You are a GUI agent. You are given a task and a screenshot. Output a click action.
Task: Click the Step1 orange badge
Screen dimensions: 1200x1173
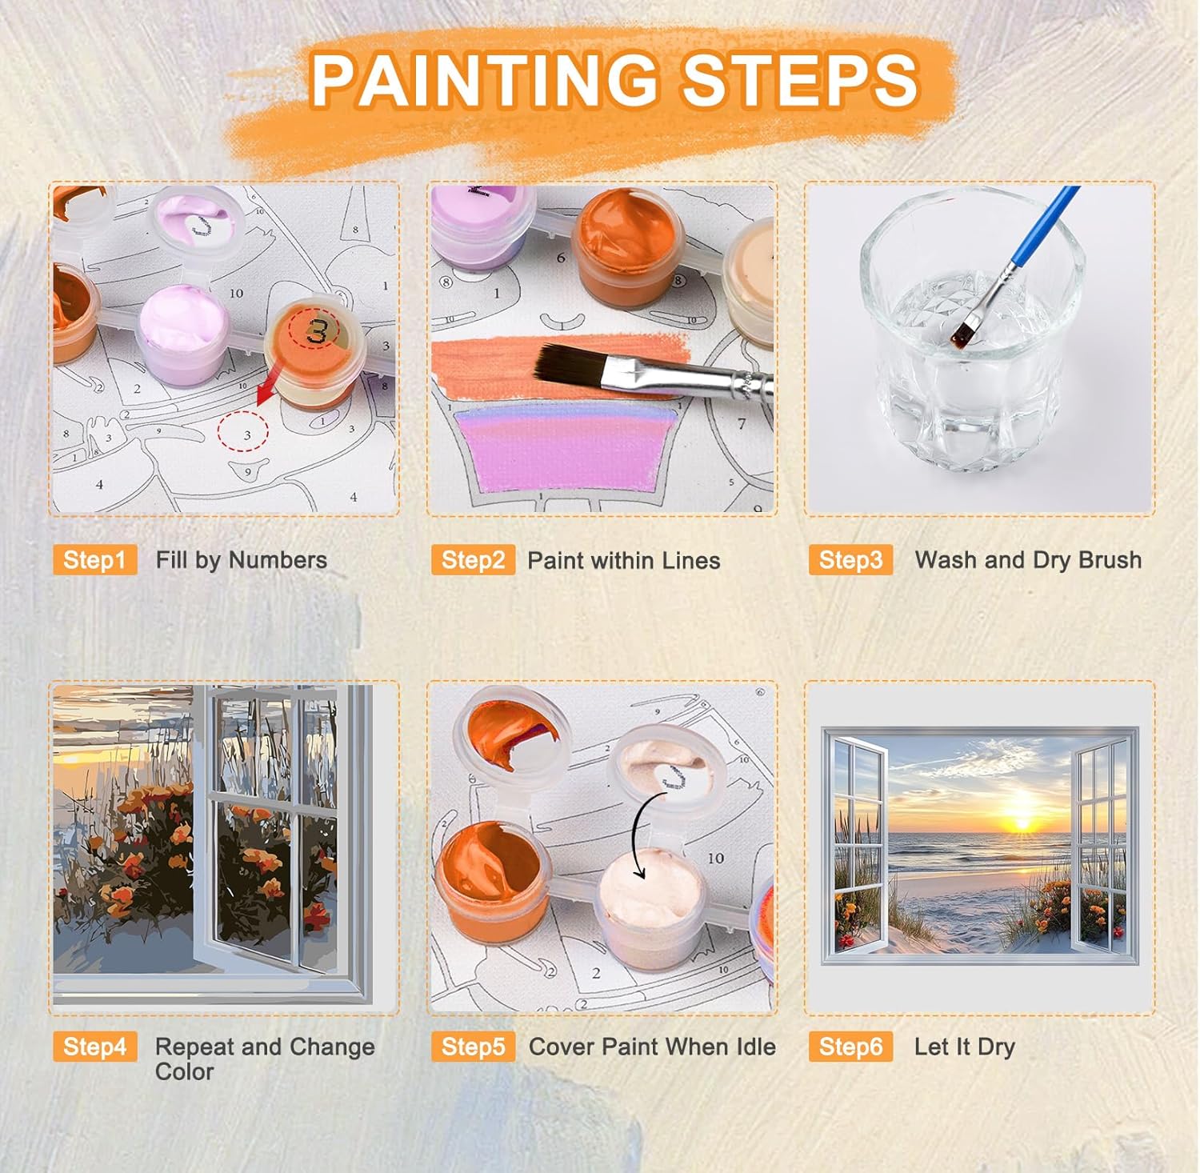[x=94, y=560]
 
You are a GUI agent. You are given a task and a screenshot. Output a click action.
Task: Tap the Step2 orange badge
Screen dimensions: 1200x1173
[x=473, y=560]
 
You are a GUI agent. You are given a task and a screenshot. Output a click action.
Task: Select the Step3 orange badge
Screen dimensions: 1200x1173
[x=850, y=560]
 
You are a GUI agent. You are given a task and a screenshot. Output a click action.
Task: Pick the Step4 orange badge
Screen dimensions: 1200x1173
[x=94, y=1047]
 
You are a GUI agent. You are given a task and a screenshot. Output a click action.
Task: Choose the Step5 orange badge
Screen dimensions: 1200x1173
[x=473, y=1047]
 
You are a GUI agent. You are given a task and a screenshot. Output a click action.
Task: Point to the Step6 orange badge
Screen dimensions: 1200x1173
[x=850, y=1047]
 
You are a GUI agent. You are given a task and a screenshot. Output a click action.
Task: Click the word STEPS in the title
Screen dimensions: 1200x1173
[x=800, y=80]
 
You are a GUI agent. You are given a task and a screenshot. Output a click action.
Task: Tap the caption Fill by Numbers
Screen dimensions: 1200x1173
[x=242, y=560]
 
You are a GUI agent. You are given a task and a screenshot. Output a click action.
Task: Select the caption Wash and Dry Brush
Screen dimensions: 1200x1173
[x=1028, y=560]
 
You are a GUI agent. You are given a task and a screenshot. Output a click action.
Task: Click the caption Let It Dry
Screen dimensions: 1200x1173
[x=965, y=1047]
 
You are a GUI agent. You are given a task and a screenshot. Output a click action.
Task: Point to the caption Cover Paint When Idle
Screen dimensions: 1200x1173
[x=652, y=1047]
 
